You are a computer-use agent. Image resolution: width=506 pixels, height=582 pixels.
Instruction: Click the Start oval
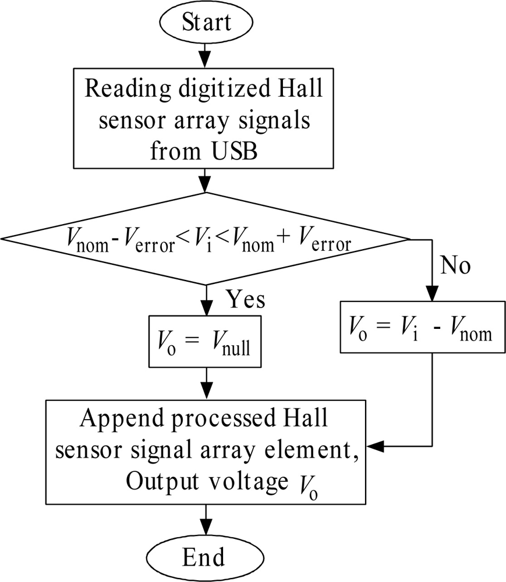(x=206, y=23)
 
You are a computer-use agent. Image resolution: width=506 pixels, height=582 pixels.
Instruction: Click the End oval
(x=203, y=557)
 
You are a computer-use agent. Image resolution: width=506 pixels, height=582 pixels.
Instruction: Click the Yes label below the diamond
(x=245, y=300)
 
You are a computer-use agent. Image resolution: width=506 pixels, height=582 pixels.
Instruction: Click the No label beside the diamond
(x=455, y=266)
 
